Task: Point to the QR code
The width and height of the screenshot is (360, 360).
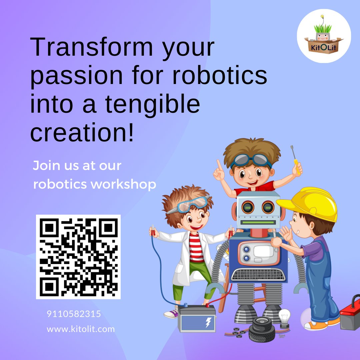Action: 78,257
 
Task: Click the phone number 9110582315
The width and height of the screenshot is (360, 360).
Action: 74,314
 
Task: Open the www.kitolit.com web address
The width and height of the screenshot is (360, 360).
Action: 81,329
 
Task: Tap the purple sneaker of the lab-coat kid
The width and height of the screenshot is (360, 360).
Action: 171,313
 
